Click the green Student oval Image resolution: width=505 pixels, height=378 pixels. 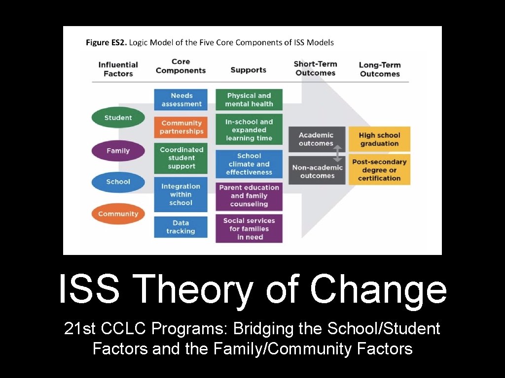coord(118,118)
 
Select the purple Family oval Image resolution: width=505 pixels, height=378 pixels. coord(118,151)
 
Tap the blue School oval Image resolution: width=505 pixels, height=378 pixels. coord(118,182)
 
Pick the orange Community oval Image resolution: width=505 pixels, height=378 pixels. coord(118,214)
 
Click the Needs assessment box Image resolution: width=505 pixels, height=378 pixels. coord(181,99)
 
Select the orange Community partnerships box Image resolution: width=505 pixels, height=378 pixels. coord(181,127)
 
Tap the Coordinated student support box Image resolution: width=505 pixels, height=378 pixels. coord(181,158)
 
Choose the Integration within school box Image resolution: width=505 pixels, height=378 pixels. coord(181,195)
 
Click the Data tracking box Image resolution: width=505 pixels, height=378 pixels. coord(181,227)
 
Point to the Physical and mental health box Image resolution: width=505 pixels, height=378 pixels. coord(249,99)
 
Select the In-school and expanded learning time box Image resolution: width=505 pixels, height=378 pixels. coord(249,130)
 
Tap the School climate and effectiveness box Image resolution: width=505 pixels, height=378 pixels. coord(249,164)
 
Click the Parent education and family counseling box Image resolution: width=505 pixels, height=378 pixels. coord(249,196)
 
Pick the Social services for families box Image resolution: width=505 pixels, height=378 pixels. coord(249,228)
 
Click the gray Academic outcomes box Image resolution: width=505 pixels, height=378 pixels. coord(316,139)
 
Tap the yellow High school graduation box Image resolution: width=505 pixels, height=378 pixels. coord(379,139)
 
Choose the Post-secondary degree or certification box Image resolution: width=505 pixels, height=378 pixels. coord(379,170)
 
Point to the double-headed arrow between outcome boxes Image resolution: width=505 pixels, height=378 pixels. coord(338,153)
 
